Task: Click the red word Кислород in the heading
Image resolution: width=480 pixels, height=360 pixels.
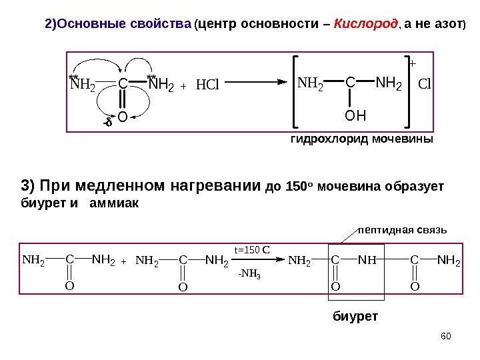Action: pos(360,25)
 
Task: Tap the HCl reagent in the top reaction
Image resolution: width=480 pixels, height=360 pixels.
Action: pos(207,85)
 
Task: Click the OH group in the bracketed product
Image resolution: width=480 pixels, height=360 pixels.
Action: pos(355,117)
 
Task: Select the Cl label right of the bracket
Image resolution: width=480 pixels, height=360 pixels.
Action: pos(425,85)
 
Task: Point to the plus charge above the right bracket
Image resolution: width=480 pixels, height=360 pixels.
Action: pos(411,64)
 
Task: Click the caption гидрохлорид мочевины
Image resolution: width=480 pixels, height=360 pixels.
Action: pos(361,140)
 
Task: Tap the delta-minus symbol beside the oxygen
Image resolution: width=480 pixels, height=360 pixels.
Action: pos(107,121)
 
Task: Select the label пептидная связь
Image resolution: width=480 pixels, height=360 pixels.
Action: pos(403,230)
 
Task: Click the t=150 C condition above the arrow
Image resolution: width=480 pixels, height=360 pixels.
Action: pos(251,250)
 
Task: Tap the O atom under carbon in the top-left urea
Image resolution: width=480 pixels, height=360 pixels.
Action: pos(123,119)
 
